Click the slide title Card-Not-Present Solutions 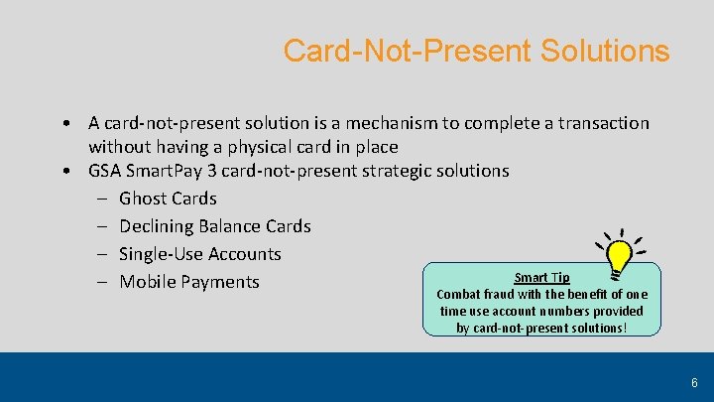pyautogui.click(x=476, y=50)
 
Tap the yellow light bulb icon pyautogui.click(x=620, y=254)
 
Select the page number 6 pyautogui.click(x=694, y=382)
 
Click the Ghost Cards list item pyautogui.click(x=168, y=199)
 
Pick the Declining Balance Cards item pyautogui.click(x=214, y=226)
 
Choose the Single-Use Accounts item pyautogui.click(x=199, y=254)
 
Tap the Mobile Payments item pyautogui.click(x=188, y=282)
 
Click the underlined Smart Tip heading pyautogui.click(x=541, y=277)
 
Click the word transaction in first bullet pyautogui.click(x=600, y=123)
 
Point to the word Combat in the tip pyautogui.click(x=459, y=294)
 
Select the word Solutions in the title pyautogui.click(x=605, y=50)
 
